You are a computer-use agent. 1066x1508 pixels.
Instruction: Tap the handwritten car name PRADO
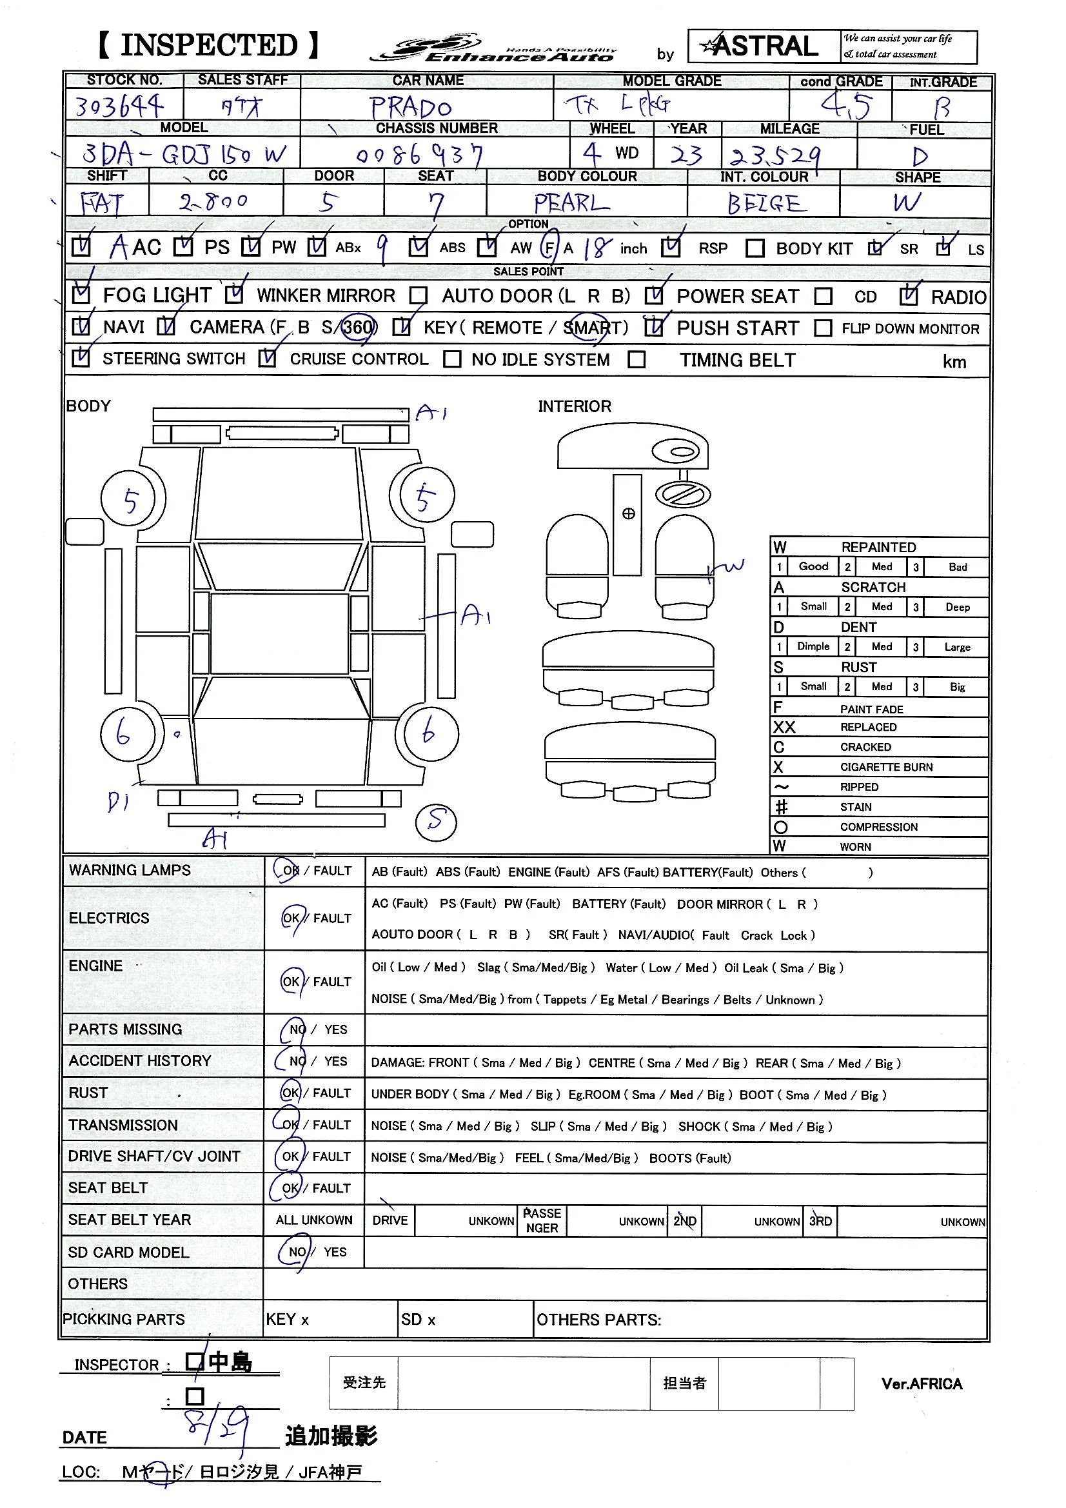click(x=411, y=107)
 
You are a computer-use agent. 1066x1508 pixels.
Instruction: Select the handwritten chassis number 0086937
click(x=420, y=155)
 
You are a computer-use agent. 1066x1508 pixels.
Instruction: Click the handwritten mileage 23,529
click(x=776, y=156)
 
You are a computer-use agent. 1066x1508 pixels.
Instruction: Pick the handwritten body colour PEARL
click(x=571, y=203)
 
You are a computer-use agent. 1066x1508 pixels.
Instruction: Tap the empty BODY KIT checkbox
click(x=755, y=248)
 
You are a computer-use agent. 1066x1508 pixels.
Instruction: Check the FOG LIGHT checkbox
click(x=81, y=295)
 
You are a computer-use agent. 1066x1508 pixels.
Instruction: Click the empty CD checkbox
click(x=823, y=297)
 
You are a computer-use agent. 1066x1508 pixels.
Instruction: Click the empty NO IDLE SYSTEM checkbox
click(x=452, y=359)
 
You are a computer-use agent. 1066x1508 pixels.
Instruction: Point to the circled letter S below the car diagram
click(x=436, y=822)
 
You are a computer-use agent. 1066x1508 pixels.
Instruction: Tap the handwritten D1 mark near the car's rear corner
click(x=117, y=801)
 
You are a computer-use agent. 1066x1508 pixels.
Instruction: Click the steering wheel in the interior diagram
click(x=682, y=494)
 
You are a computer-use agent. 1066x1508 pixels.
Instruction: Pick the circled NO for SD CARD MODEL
click(x=296, y=1252)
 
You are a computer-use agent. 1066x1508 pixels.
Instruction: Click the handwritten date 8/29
click(x=217, y=1424)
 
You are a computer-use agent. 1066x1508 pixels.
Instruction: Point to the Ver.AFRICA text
click(x=922, y=1385)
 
